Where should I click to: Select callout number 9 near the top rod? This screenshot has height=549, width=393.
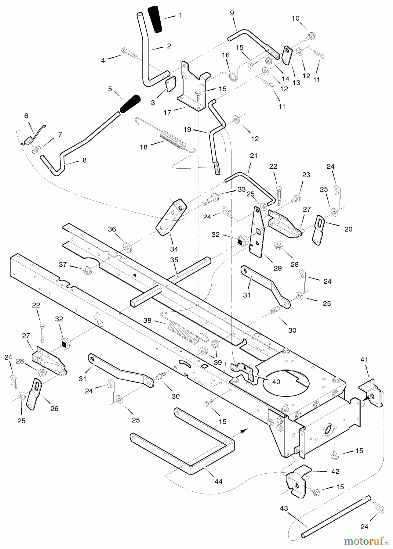click(x=232, y=13)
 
